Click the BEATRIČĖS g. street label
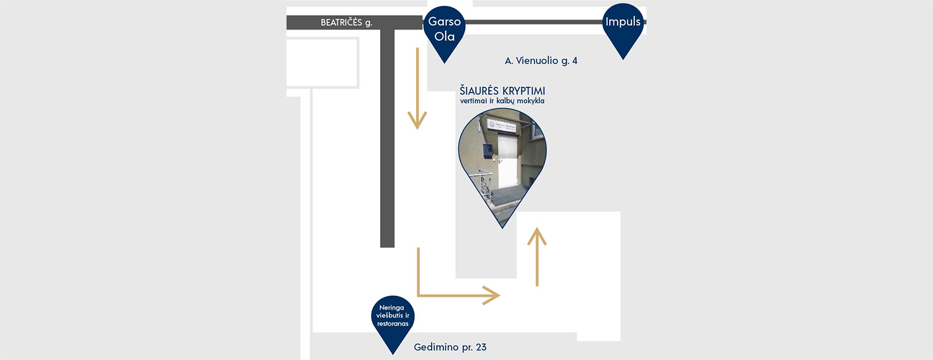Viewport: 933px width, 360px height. click(x=346, y=22)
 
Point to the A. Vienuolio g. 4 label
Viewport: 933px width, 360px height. click(x=541, y=60)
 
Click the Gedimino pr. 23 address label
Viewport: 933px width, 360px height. click(x=450, y=347)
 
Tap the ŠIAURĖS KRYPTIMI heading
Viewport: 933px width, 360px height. click(x=502, y=91)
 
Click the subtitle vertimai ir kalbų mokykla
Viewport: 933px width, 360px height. click(x=502, y=101)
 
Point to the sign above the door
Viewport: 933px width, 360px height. click(x=502, y=125)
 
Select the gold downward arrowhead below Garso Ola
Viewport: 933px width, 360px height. click(x=418, y=120)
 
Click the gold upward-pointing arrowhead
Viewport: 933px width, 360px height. click(x=537, y=236)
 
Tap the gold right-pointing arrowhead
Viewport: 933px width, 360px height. click(x=492, y=295)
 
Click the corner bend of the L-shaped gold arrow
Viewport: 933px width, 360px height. click(x=418, y=295)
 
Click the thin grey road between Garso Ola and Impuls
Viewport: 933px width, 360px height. click(x=534, y=22)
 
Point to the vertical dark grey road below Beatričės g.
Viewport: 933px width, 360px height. click(x=387, y=138)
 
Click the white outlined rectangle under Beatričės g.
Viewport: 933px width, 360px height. click(x=323, y=63)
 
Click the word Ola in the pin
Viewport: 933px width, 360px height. click(x=444, y=37)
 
